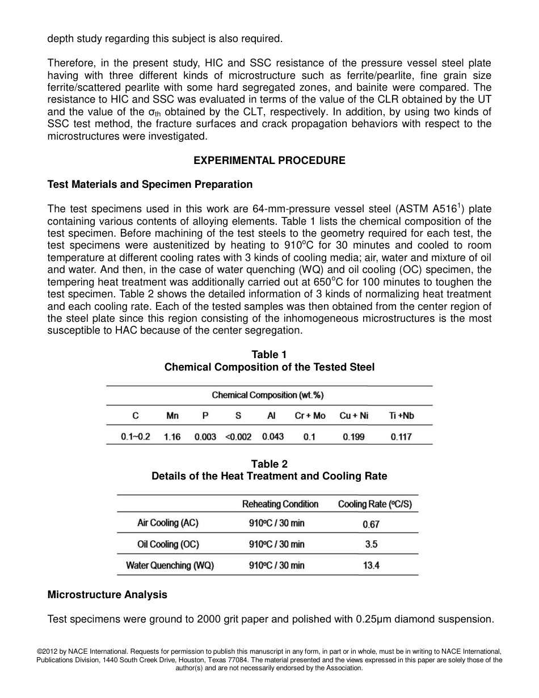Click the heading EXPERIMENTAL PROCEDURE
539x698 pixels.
coord(269,161)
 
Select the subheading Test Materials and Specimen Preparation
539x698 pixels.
coord(150,184)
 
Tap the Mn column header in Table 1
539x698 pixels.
coord(172,416)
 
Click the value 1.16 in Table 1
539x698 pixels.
coord(172,437)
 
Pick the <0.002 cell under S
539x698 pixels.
coord(238,437)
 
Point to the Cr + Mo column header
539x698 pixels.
coord(310,416)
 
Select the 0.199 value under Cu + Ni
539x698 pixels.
coord(353,437)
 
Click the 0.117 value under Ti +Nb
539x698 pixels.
coord(401,437)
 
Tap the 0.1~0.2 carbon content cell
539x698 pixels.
coord(136,437)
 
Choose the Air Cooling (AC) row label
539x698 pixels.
coord(168,523)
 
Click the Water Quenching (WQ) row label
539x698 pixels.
coord(170,565)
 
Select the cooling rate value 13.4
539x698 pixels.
coord(371,566)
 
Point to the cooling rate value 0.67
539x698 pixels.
coord(371,523)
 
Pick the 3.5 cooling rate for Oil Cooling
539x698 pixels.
coord(371,544)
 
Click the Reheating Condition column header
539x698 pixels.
coord(280,504)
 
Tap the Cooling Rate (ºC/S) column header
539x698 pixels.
coord(374,504)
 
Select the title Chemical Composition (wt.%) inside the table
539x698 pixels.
coord(268,395)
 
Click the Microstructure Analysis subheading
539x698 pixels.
coord(107,595)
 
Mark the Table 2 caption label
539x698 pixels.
coord(269,464)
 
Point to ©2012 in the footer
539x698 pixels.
coord(48,651)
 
